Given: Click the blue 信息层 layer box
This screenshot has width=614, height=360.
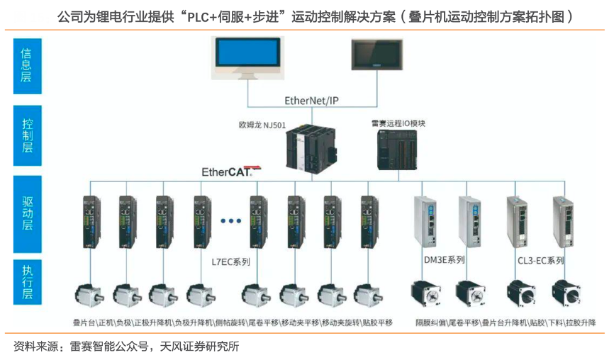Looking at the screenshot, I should pyautogui.click(x=28, y=65).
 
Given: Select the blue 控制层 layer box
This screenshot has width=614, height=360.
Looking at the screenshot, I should pyautogui.click(x=28, y=135).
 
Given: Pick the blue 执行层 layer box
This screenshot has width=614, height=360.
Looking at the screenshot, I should pyautogui.click(x=28, y=281).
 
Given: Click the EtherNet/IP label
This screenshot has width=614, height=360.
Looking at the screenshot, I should pyautogui.click(x=312, y=101).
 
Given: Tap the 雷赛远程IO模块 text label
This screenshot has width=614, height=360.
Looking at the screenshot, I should pyautogui.click(x=398, y=123).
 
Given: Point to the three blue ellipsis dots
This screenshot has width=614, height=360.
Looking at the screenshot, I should pyautogui.click(x=232, y=221).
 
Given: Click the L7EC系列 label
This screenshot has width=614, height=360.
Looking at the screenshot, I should pyautogui.click(x=231, y=261).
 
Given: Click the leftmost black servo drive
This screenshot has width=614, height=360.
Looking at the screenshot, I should pyautogui.click(x=91, y=220).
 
